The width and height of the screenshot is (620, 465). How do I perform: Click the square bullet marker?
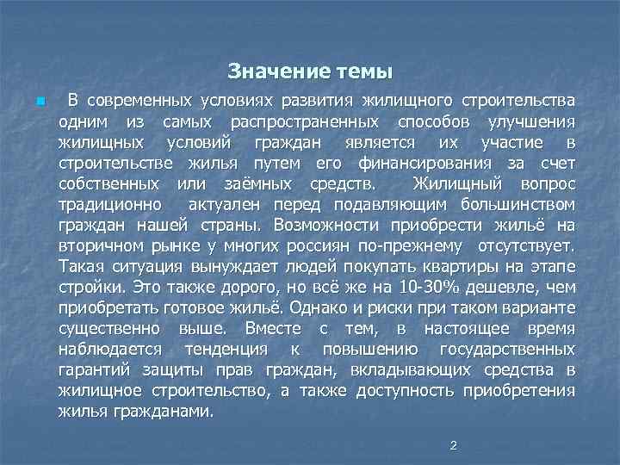point(40,102)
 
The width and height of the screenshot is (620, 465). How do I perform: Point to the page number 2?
point(452,445)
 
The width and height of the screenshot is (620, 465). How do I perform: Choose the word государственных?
point(507,350)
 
